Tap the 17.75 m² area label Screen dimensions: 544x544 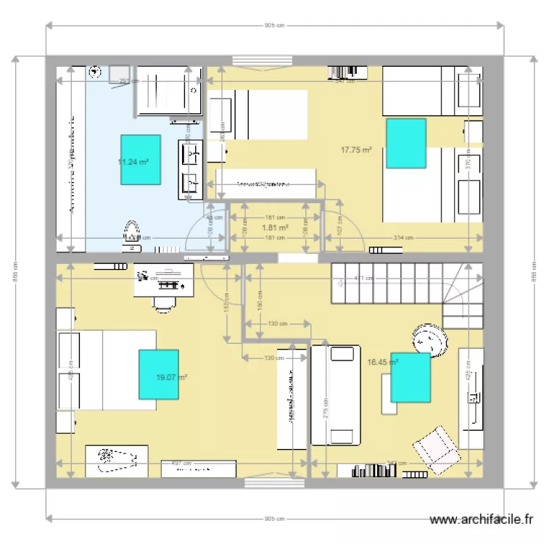(x=356, y=150)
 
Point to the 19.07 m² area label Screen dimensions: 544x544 (x=172, y=377)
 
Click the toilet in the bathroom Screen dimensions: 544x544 (x=132, y=232)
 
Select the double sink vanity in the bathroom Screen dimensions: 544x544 (x=191, y=170)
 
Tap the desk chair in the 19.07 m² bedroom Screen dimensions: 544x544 (x=165, y=302)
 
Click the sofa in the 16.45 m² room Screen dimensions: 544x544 (x=335, y=395)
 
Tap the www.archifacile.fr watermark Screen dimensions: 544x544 (x=482, y=520)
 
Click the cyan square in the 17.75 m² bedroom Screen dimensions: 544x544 (x=405, y=143)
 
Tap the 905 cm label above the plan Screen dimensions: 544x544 (x=274, y=25)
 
